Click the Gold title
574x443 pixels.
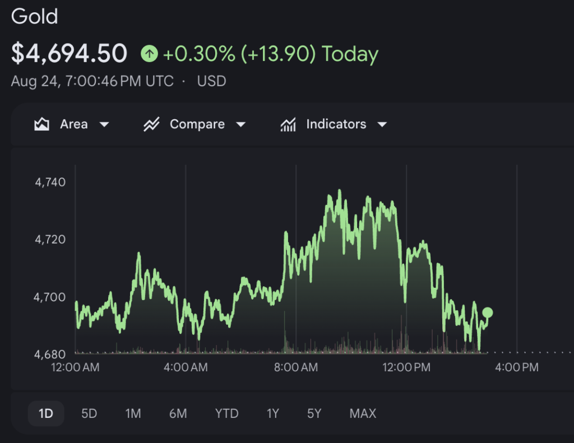point(34,16)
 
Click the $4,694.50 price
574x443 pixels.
point(69,53)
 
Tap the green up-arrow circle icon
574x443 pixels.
point(149,54)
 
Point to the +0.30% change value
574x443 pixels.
point(199,54)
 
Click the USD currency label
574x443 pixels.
point(211,81)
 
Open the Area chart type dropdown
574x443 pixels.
point(72,124)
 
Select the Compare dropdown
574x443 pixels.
point(195,124)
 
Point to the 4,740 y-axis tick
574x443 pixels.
point(50,182)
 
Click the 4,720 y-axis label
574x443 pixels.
point(50,239)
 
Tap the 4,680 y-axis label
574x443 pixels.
point(50,354)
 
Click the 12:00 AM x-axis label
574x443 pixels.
point(76,367)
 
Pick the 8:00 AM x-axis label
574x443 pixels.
point(296,367)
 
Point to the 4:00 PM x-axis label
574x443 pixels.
point(517,367)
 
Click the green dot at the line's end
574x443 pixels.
point(488,313)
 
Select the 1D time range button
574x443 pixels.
point(46,414)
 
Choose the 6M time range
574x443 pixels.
point(178,414)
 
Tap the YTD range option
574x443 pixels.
point(226,414)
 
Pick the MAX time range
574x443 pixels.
point(363,414)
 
